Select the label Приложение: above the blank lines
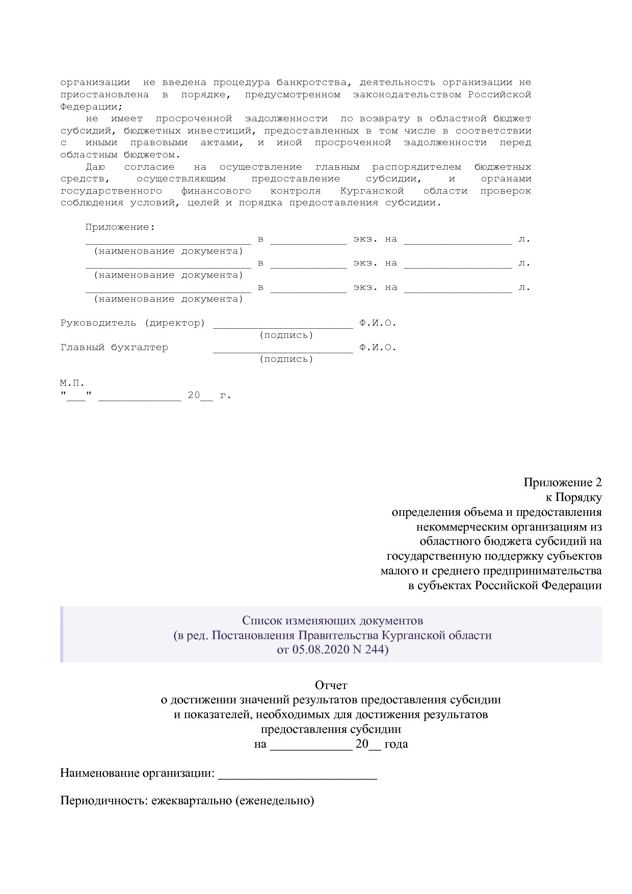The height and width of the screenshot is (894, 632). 120,227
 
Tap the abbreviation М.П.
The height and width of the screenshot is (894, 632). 72,383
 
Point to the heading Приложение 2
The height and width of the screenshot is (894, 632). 562,482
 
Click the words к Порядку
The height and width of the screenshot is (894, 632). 573,497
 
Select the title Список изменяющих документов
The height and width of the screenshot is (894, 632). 332,620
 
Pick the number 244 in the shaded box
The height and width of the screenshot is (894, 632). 376,650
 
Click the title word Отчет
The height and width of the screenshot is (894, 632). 331,685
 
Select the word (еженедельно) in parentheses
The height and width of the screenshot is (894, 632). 275,800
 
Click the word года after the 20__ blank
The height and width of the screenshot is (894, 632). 396,744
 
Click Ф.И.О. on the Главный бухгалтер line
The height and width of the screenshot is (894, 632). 377,348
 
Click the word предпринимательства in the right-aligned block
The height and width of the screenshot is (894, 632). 542,570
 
